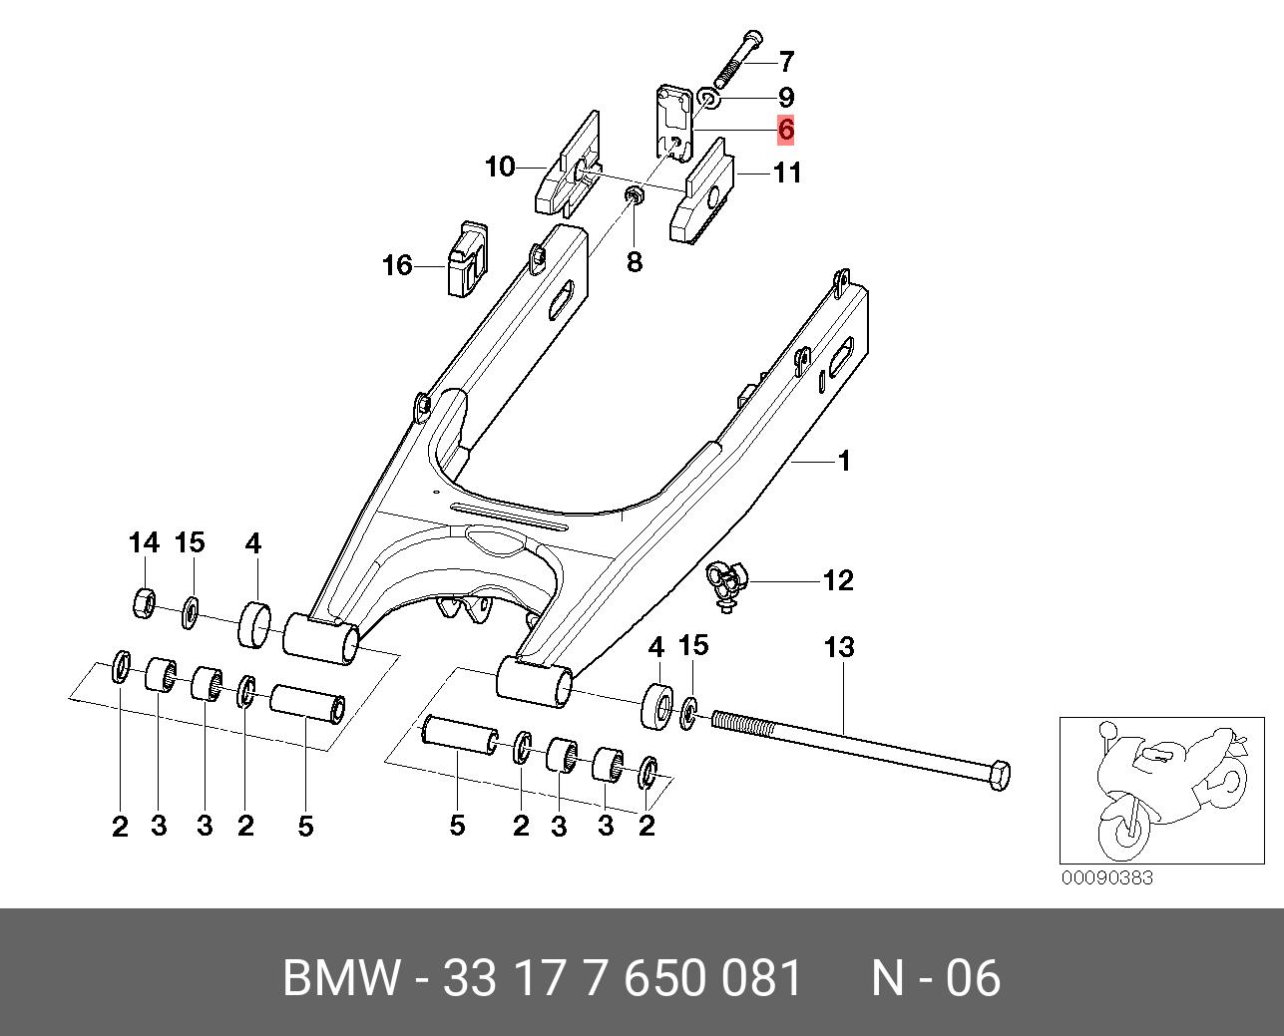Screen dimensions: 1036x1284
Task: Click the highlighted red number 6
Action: [786, 130]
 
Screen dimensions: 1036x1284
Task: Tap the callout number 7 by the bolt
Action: [786, 62]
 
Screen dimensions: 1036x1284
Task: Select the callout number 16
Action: [397, 265]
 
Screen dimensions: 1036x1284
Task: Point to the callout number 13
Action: [839, 647]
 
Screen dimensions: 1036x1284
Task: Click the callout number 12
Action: [838, 580]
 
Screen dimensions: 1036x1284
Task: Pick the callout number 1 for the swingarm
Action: [843, 462]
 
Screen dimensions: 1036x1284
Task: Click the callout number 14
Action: [144, 543]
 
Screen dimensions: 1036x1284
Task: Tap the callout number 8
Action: [635, 261]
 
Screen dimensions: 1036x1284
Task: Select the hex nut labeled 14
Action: [143, 601]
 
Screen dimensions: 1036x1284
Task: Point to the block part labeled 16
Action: [466, 258]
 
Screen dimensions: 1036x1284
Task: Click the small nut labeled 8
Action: [633, 193]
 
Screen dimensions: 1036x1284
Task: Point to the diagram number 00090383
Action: [1106, 877]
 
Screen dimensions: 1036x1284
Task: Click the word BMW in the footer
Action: [340, 978]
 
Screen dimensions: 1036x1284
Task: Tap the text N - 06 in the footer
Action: [935, 978]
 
